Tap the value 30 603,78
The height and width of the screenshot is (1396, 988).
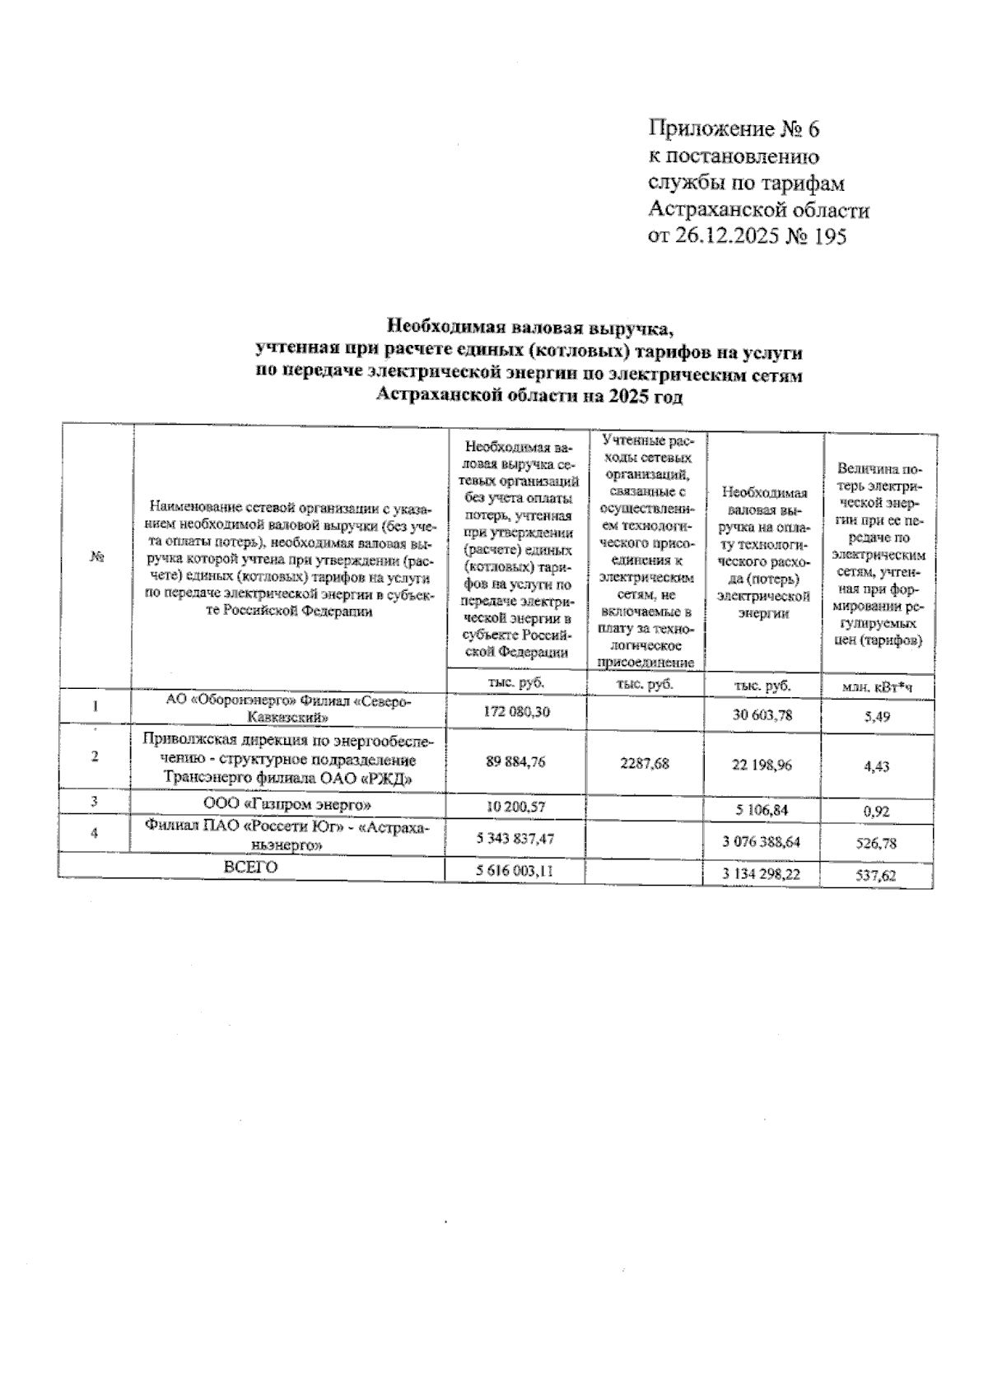tap(762, 715)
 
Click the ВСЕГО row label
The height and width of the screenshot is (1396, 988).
tap(251, 868)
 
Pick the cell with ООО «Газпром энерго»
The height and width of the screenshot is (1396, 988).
tap(287, 803)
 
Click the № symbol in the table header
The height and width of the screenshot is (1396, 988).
tap(96, 557)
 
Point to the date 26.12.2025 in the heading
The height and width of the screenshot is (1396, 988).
tap(725, 237)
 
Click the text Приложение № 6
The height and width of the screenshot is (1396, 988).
tap(734, 129)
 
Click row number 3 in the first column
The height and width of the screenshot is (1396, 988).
tap(96, 800)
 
